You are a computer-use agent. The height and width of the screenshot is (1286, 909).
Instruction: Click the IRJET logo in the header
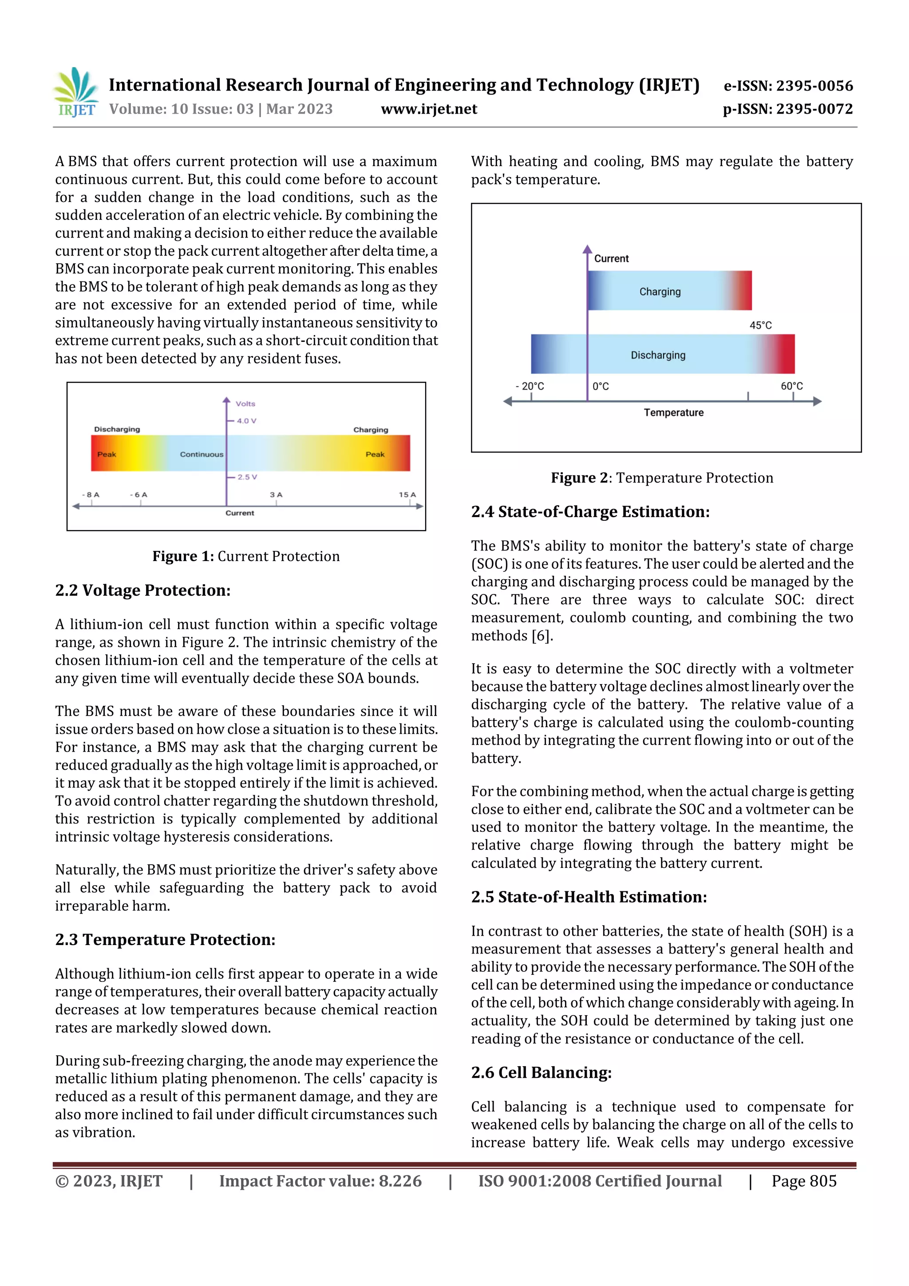point(76,92)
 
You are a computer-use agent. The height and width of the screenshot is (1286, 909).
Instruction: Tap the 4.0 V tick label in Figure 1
point(246,421)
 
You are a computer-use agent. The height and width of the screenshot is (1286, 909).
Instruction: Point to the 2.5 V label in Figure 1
point(247,477)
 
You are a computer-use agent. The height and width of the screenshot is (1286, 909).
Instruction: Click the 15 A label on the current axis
point(407,495)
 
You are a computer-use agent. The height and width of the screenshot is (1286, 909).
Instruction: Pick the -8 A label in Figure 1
point(91,495)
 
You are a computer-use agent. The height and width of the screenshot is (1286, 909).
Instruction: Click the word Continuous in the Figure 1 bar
point(201,454)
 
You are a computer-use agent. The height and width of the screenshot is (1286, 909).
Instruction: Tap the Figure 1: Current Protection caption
point(246,556)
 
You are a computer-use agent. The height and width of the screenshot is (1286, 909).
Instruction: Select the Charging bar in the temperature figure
point(669,291)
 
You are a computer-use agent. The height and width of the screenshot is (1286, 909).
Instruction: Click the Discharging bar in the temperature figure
point(662,355)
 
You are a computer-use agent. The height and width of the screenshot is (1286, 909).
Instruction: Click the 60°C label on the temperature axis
point(791,386)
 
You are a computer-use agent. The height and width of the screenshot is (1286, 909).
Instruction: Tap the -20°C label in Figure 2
point(530,386)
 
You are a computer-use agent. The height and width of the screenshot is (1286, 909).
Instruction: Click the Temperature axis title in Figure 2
point(673,413)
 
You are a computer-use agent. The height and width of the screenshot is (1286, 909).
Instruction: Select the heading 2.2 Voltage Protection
point(143,590)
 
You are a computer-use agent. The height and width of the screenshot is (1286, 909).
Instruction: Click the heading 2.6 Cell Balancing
point(541,1072)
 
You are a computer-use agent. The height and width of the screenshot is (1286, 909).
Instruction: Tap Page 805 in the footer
point(804,1181)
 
